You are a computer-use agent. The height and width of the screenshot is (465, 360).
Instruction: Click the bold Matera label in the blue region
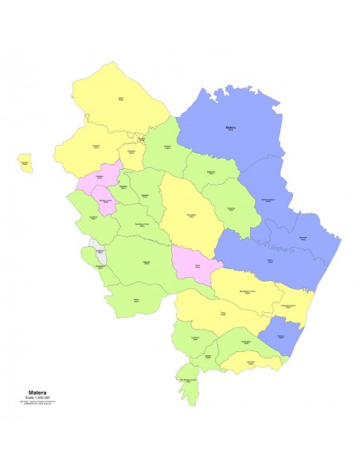[x=231, y=127]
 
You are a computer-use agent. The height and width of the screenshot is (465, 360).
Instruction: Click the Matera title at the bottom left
[x=37, y=393]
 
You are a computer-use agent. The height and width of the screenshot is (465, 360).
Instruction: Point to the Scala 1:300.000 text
[x=37, y=398]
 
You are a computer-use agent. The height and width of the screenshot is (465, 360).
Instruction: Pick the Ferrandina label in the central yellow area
[x=192, y=216]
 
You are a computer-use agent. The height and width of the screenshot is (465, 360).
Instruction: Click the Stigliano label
[x=146, y=262]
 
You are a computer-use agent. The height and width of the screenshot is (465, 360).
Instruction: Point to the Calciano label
[x=100, y=176]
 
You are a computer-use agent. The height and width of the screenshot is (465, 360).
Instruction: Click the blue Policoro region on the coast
[x=280, y=337]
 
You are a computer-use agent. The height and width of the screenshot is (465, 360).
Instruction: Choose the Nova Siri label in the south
[x=250, y=362]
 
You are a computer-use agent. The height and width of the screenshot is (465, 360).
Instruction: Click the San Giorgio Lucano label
[x=188, y=381]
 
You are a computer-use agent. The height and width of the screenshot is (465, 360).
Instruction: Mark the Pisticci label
[x=270, y=261]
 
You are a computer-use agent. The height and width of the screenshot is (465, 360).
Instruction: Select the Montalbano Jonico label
[x=246, y=292]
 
